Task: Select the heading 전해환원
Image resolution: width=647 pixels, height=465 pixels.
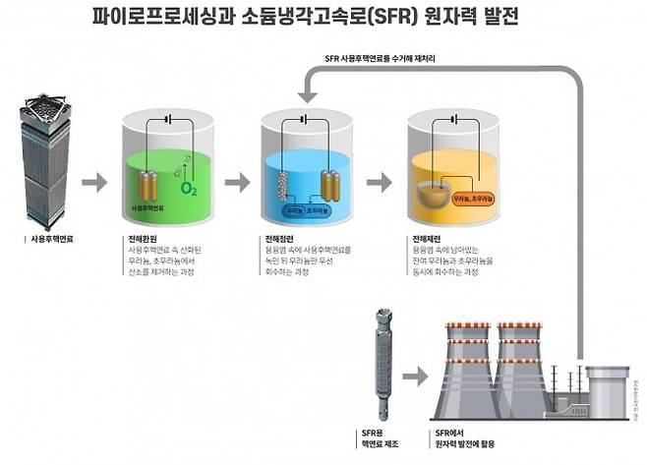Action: [144, 239]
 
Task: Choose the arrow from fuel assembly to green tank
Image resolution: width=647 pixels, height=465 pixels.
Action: [94, 183]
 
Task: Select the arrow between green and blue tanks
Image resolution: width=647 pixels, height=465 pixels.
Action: [237, 183]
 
